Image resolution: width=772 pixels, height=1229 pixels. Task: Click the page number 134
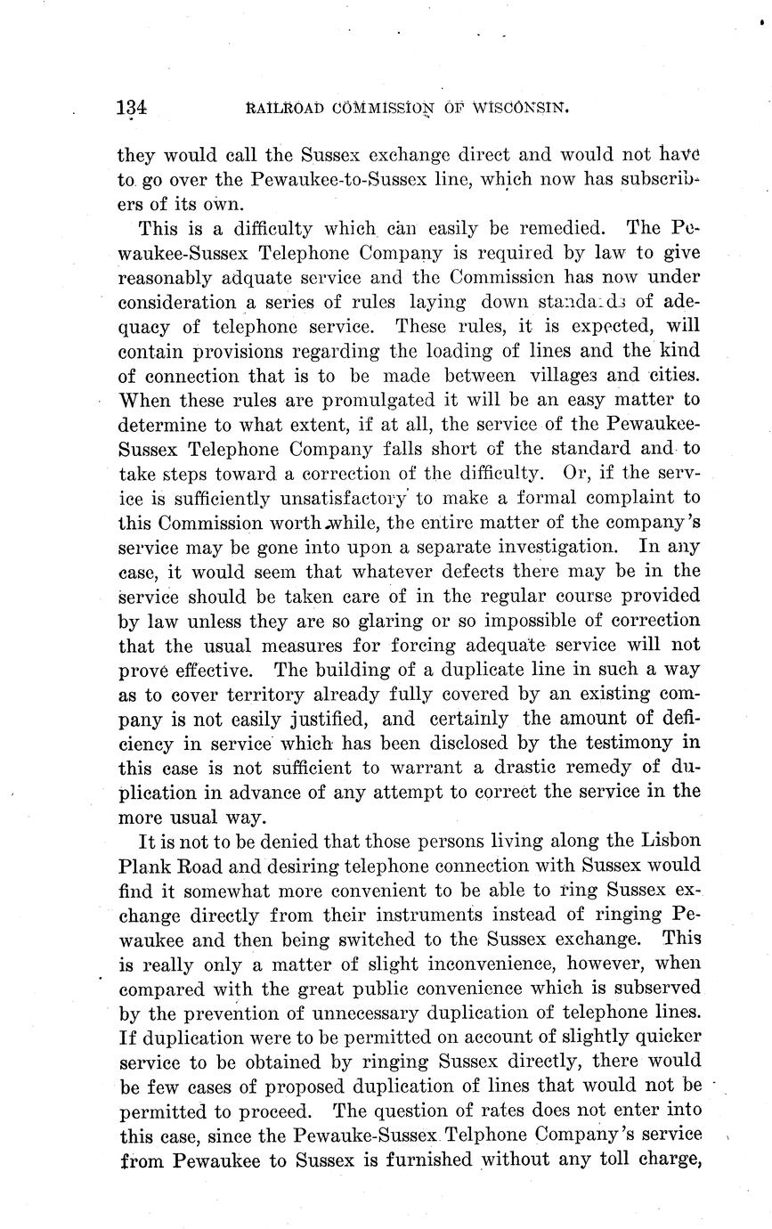pos(131,109)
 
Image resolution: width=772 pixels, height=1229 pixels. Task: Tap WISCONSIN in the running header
pos(520,109)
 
